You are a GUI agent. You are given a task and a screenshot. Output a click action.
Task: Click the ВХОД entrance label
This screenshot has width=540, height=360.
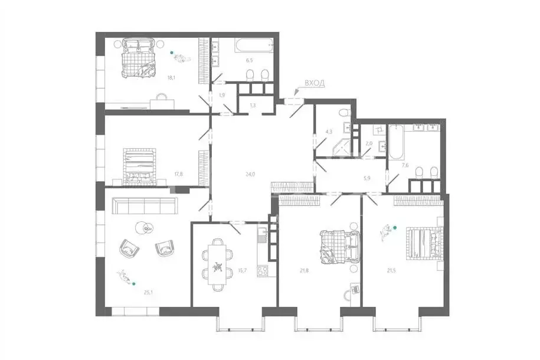[314, 84]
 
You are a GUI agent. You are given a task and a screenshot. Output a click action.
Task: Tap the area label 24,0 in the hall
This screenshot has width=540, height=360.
[250, 174]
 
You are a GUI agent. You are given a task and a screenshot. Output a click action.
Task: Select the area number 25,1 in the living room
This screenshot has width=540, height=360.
[149, 290]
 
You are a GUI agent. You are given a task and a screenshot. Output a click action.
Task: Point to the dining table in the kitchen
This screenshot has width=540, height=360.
[218, 265]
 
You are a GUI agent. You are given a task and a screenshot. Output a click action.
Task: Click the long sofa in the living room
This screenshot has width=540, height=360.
[145, 206]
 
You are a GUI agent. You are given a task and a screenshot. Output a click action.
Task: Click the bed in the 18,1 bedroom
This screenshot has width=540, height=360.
[137, 57]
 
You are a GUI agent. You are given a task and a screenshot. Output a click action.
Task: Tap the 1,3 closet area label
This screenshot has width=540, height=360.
[253, 105]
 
